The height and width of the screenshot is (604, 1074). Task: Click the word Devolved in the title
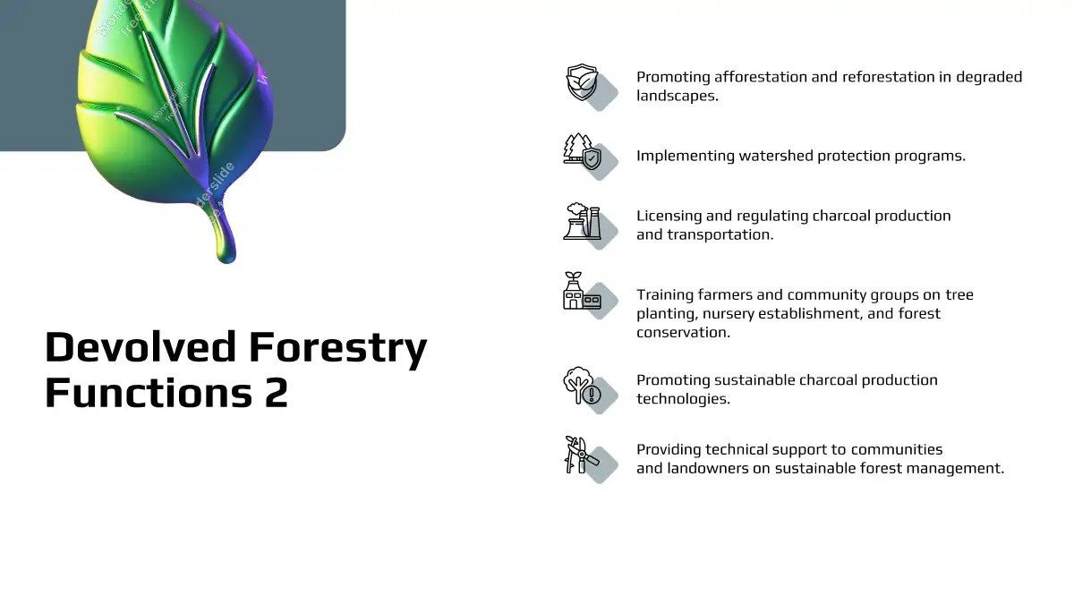141,346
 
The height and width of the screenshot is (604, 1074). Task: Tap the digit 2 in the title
277,393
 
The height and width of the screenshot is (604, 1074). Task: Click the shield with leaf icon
582,82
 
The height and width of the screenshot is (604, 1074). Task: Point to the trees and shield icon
582,151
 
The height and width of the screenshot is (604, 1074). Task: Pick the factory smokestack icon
582,221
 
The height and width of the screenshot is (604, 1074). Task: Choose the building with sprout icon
582,291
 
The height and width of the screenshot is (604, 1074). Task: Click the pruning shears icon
582,455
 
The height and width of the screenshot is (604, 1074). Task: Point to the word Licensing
669,217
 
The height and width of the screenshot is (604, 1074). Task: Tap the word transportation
720,234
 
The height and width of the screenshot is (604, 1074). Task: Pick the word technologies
683,399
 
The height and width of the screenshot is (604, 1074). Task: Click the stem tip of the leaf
226,260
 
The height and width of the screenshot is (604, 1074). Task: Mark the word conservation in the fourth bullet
683,332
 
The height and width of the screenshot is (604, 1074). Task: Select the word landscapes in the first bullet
678,96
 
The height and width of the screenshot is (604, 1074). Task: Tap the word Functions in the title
149,393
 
